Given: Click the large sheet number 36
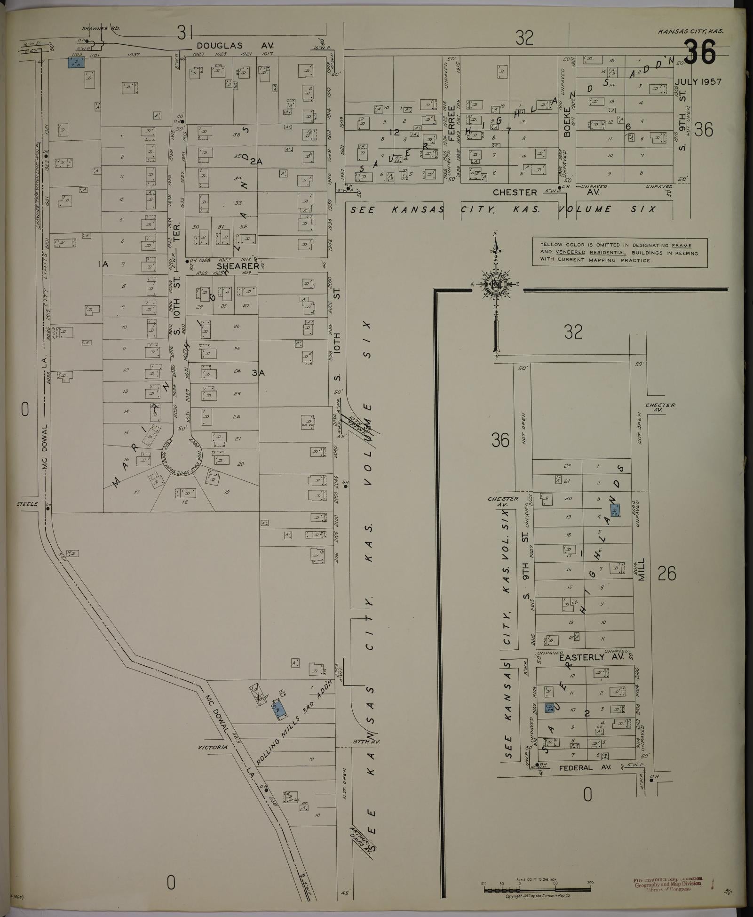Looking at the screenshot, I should (699, 52).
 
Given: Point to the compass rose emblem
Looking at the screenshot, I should (496, 285).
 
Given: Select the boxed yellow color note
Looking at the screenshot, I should (619, 253).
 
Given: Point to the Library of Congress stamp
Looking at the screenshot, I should (668, 884).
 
